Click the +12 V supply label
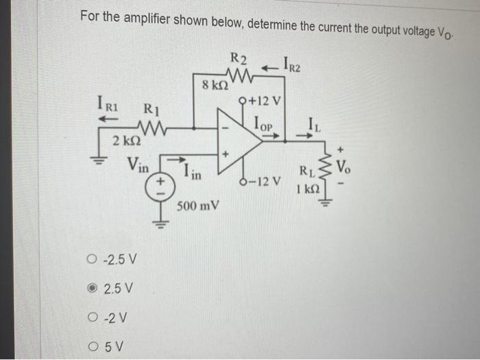pyautogui.click(x=261, y=103)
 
